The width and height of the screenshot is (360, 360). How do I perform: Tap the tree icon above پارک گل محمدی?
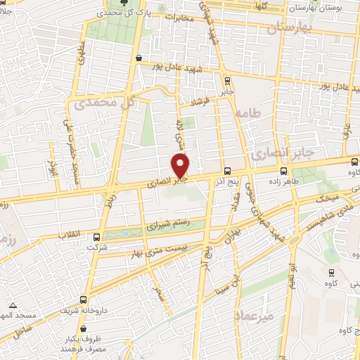126,3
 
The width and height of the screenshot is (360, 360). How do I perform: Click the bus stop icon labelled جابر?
226,80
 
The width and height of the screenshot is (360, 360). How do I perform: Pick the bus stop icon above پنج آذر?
226,171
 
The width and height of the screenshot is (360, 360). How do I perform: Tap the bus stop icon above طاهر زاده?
284,170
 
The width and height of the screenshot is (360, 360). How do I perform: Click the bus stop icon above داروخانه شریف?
84,299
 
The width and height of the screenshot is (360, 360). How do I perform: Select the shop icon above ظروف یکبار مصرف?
83,328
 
